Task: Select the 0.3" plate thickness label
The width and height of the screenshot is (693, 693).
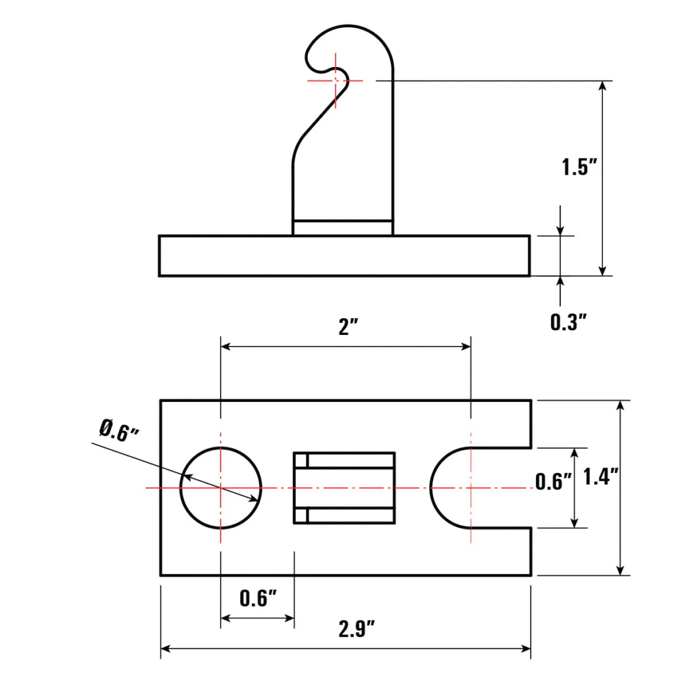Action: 567,322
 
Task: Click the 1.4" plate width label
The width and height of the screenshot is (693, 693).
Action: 601,478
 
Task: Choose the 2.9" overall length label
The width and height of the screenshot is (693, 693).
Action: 357,629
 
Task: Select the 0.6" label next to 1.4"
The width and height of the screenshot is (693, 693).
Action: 554,482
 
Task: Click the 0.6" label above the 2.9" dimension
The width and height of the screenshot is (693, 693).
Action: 259,598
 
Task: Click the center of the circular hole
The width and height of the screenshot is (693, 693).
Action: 221,488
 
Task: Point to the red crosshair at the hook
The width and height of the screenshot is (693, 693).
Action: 336,81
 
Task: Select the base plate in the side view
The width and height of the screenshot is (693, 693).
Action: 344,256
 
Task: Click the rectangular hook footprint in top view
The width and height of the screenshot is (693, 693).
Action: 344,488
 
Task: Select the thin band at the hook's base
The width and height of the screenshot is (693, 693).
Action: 342,228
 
